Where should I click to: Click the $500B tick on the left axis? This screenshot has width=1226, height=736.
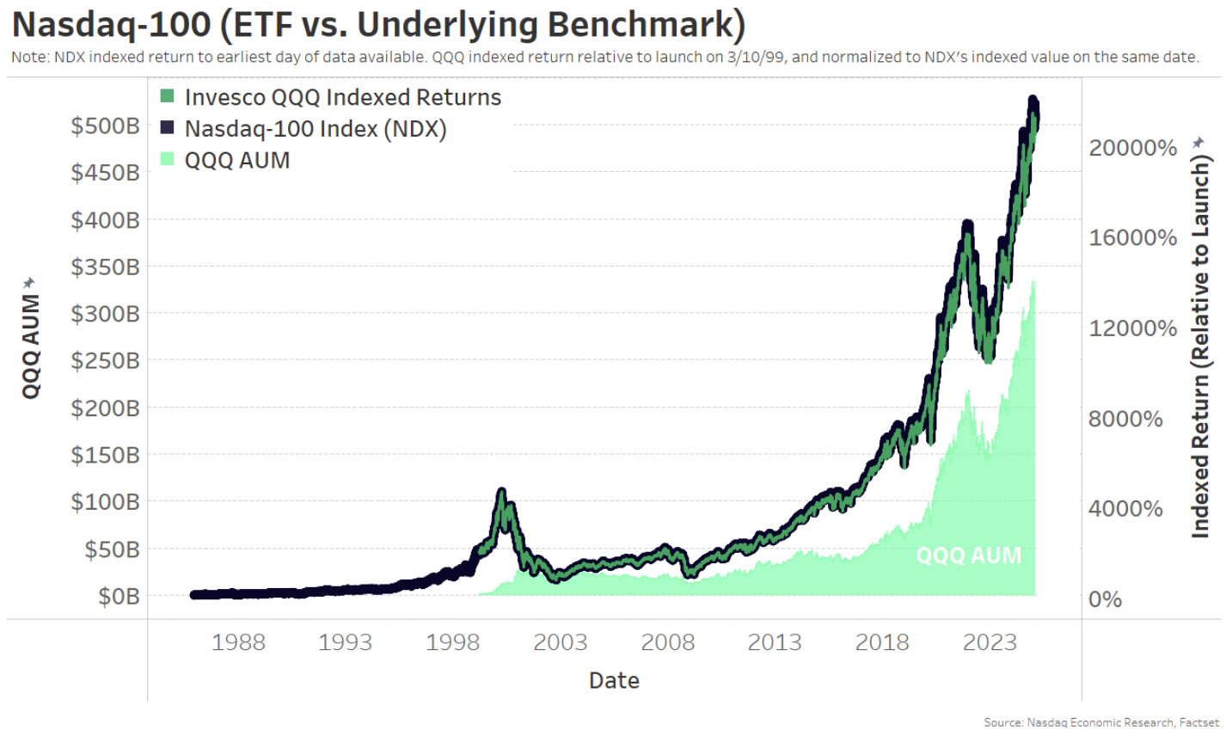tap(105, 126)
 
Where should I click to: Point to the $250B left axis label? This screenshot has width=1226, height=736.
tap(105, 360)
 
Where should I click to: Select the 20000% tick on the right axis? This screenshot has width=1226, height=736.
tap(1132, 148)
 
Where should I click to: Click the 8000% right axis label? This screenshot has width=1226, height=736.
tap(1125, 419)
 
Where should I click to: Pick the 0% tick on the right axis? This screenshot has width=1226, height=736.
tap(1105, 599)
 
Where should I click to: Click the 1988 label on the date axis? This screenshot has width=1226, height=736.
tap(238, 642)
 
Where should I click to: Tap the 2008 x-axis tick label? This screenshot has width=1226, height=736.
tap(667, 642)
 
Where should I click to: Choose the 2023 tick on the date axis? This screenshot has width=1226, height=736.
tap(990, 642)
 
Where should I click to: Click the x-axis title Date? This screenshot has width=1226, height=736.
tap(614, 681)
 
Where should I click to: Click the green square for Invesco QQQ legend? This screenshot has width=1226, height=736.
tap(168, 96)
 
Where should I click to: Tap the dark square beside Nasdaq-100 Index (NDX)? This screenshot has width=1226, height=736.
tap(168, 128)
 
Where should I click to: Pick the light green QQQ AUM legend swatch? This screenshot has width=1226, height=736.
tap(168, 159)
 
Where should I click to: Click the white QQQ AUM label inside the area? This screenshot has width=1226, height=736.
tap(968, 555)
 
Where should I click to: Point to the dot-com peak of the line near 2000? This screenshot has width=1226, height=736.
tap(501, 493)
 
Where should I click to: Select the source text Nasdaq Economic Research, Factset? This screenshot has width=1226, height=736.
tap(1123, 722)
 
